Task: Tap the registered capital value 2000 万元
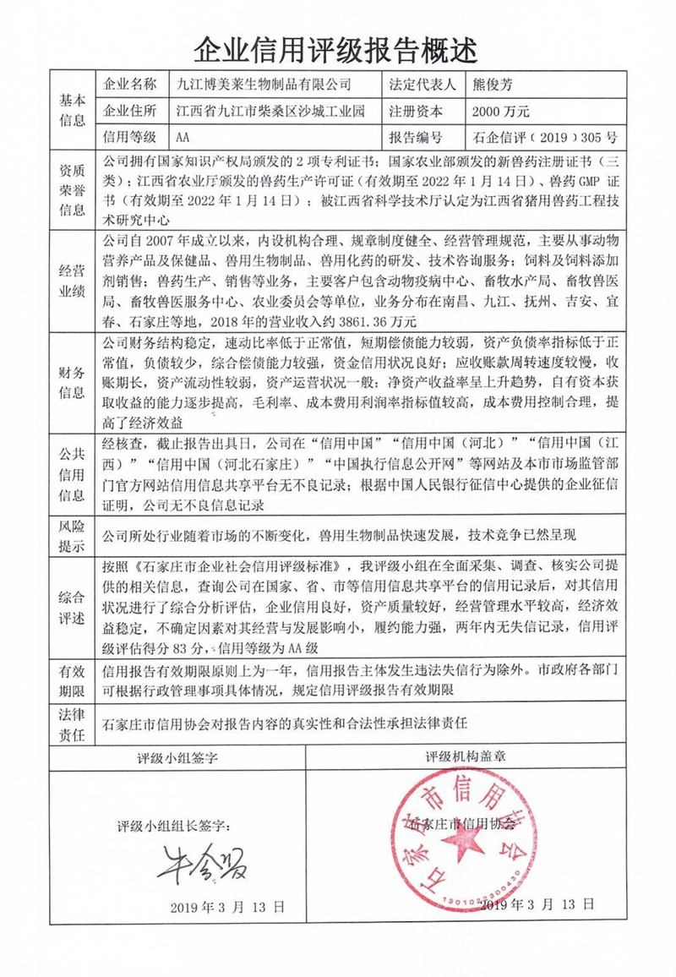tap(502, 111)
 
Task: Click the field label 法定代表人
tap(422, 85)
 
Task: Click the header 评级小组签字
tap(177, 758)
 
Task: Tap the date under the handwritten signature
tap(227, 906)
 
